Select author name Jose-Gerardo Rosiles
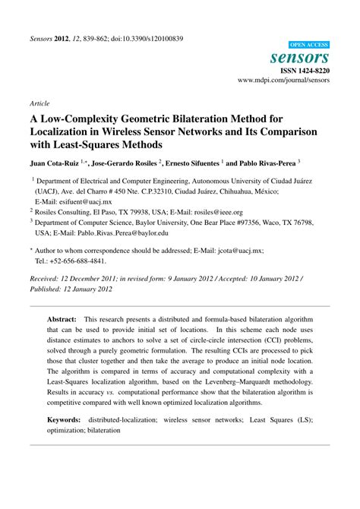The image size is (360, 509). (125, 163)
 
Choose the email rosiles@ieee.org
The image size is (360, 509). (215, 213)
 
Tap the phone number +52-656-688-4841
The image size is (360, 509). (69, 260)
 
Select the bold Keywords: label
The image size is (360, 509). (65, 419)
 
